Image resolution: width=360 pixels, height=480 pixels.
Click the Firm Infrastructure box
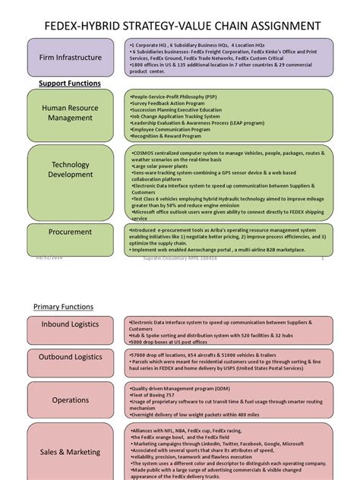tap(74, 57)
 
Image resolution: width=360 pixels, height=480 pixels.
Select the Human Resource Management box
tap(74, 112)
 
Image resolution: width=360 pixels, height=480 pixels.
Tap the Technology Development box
tap(74, 169)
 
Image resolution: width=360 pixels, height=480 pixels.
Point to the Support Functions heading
tap(70, 82)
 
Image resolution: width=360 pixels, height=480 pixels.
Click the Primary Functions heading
tap(64, 307)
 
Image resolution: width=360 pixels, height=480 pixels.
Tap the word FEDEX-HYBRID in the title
tap(90, 26)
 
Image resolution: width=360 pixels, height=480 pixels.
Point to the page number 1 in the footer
tap(323, 258)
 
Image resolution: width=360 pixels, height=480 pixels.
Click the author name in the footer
tap(180, 258)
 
